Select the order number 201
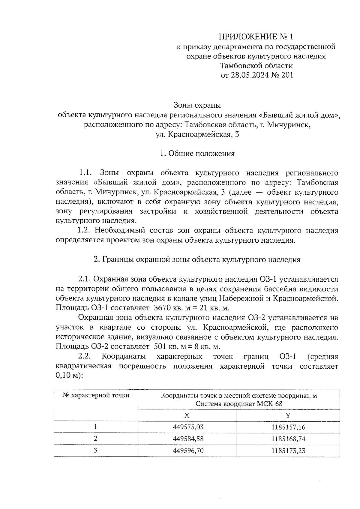tap(287, 75)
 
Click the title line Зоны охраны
tap(197, 105)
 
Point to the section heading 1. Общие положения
tap(197, 154)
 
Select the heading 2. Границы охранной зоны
tap(197, 260)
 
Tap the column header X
tap(187, 415)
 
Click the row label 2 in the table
tap(96, 439)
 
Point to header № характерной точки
tap(96, 396)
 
